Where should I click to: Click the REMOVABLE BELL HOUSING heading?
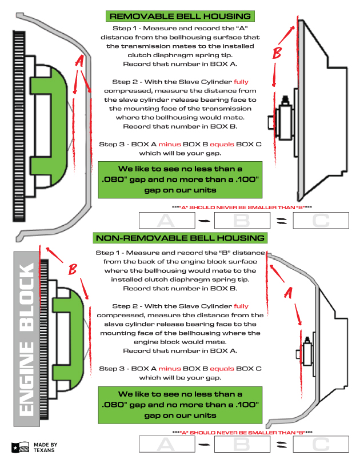click(x=180, y=16)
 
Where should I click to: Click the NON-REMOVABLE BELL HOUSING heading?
click(x=180, y=238)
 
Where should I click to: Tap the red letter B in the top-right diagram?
click(x=278, y=54)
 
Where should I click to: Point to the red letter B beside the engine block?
click(x=73, y=269)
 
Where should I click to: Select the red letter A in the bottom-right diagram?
click(x=289, y=293)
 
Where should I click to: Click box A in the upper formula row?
click(x=166, y=221)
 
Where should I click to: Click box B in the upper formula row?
click(x=242, y=221)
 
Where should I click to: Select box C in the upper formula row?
click(x=320, y=221)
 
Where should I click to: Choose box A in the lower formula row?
click(x=166, y=444)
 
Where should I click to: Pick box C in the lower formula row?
click(x=320, y=444)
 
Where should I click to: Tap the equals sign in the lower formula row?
click(x=282, y=444)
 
